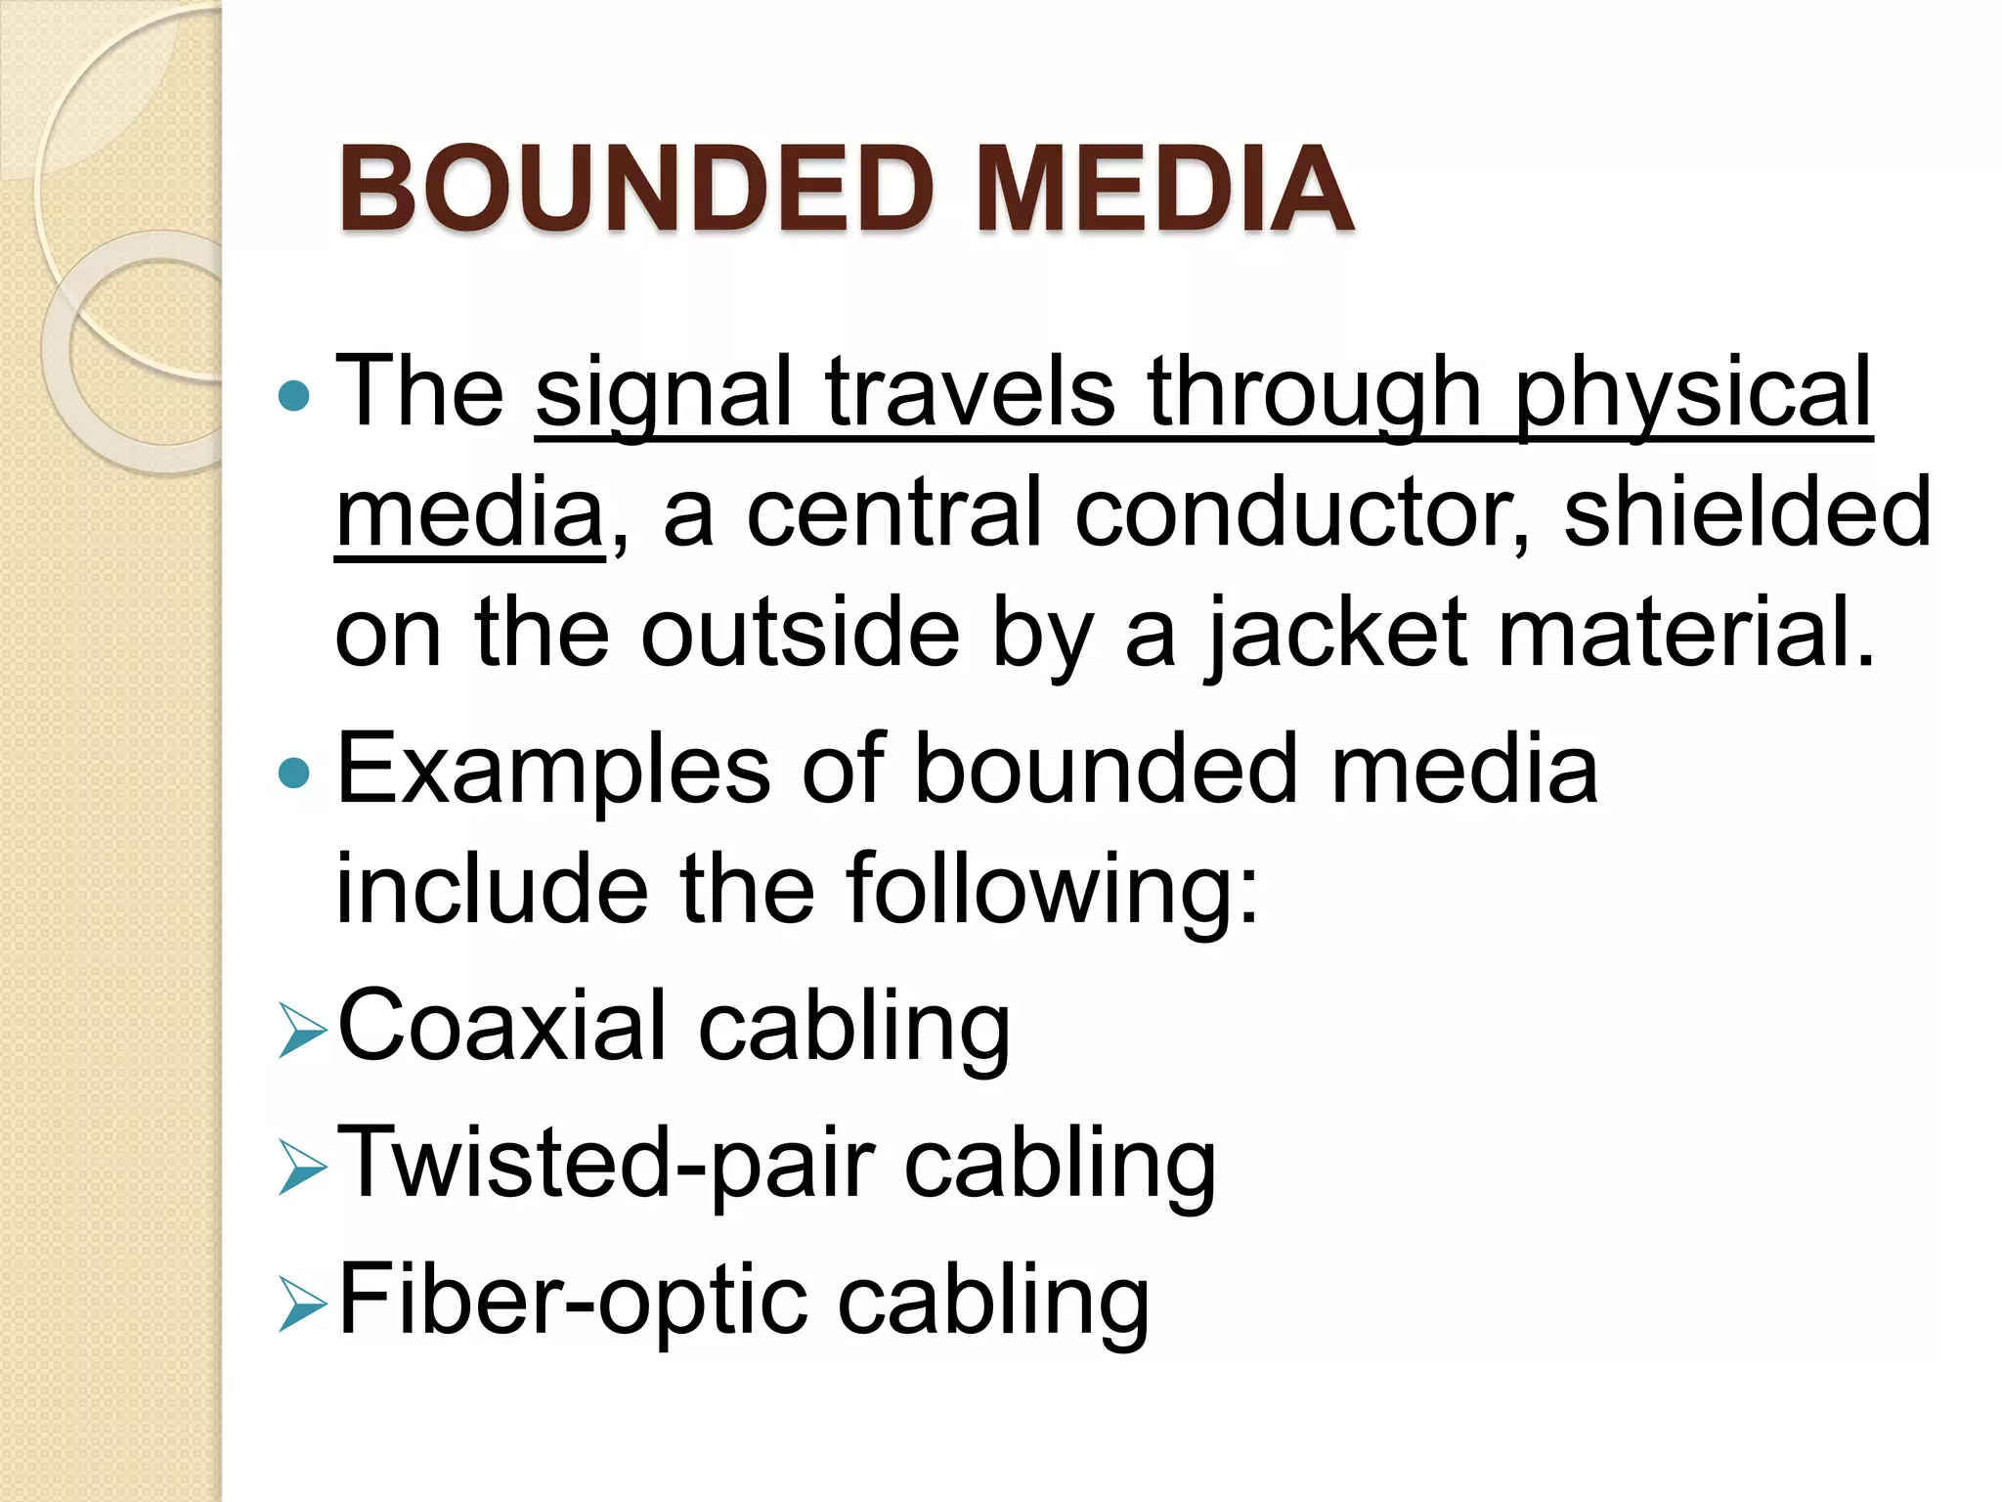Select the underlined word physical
[1693, 393]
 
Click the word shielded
[1748, 512]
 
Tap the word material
[1687, 634]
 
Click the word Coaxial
[501, 1027]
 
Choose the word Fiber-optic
[572, 1301]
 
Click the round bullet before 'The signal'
[293, 396]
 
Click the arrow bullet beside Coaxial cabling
[301, 1031]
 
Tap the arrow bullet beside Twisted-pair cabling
[301, 1168]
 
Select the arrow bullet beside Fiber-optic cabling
[301, 1304]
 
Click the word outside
[800, 634]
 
